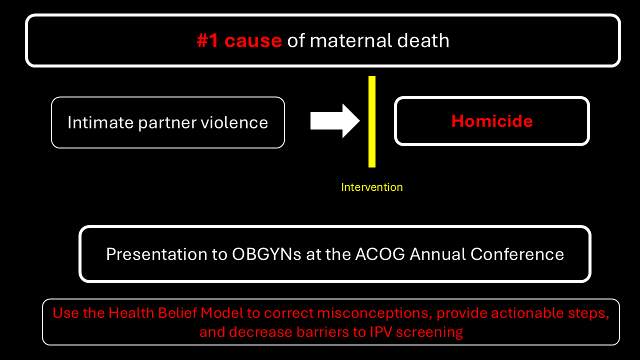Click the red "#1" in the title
[207, 40]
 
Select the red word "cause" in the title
[253, 41]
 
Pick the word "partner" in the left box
[167, 123]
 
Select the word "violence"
[234, 122]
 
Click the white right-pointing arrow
[335, 121]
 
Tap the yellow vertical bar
[372, 121]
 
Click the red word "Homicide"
[492, 121]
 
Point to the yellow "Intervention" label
[372, 187]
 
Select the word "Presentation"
[156, 254]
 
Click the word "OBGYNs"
[266, 254]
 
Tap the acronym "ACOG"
[380, 254]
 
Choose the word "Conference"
[517, 254]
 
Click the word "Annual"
[437, 254]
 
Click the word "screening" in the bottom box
[429, 333]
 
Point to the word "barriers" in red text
[322, 332]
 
